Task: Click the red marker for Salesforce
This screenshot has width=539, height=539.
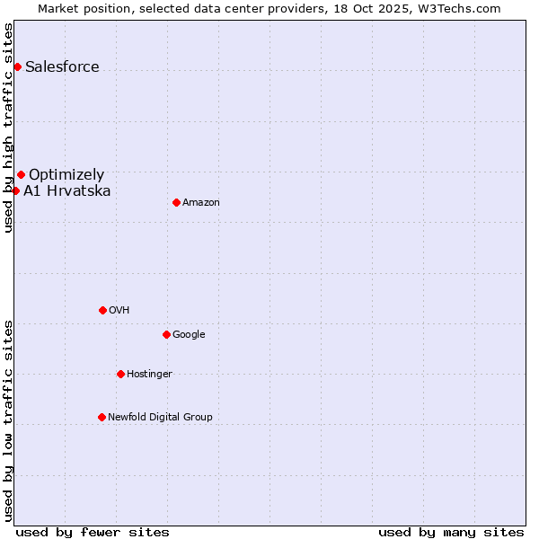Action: [17, 66]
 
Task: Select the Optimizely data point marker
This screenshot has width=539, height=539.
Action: [21, 174]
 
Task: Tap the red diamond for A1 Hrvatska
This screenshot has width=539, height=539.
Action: [15, 190]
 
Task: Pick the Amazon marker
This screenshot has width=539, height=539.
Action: [176, 202]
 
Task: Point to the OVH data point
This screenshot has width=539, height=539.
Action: [102, 310]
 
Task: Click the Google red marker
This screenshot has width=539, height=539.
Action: [166, 334]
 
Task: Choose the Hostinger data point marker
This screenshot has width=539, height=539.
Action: [120, 374]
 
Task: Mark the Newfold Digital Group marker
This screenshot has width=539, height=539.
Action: [102, 417]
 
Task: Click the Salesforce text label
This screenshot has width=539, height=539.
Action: [62, 66]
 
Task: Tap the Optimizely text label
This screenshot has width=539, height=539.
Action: [66, 174]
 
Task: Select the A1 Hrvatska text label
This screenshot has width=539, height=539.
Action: [67, 190]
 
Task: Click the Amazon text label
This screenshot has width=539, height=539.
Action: [201, 202]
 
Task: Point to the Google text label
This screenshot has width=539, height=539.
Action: [189, 334]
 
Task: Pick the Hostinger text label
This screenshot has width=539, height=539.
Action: [149, 374]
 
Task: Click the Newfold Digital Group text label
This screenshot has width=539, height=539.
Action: [160, 417]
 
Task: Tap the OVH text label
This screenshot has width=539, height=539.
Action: [119, 310]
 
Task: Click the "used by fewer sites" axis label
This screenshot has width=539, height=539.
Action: [93, 532]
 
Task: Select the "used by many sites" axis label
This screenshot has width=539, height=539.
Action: [451, 532]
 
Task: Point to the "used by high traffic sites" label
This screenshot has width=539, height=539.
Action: [8, 128]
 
